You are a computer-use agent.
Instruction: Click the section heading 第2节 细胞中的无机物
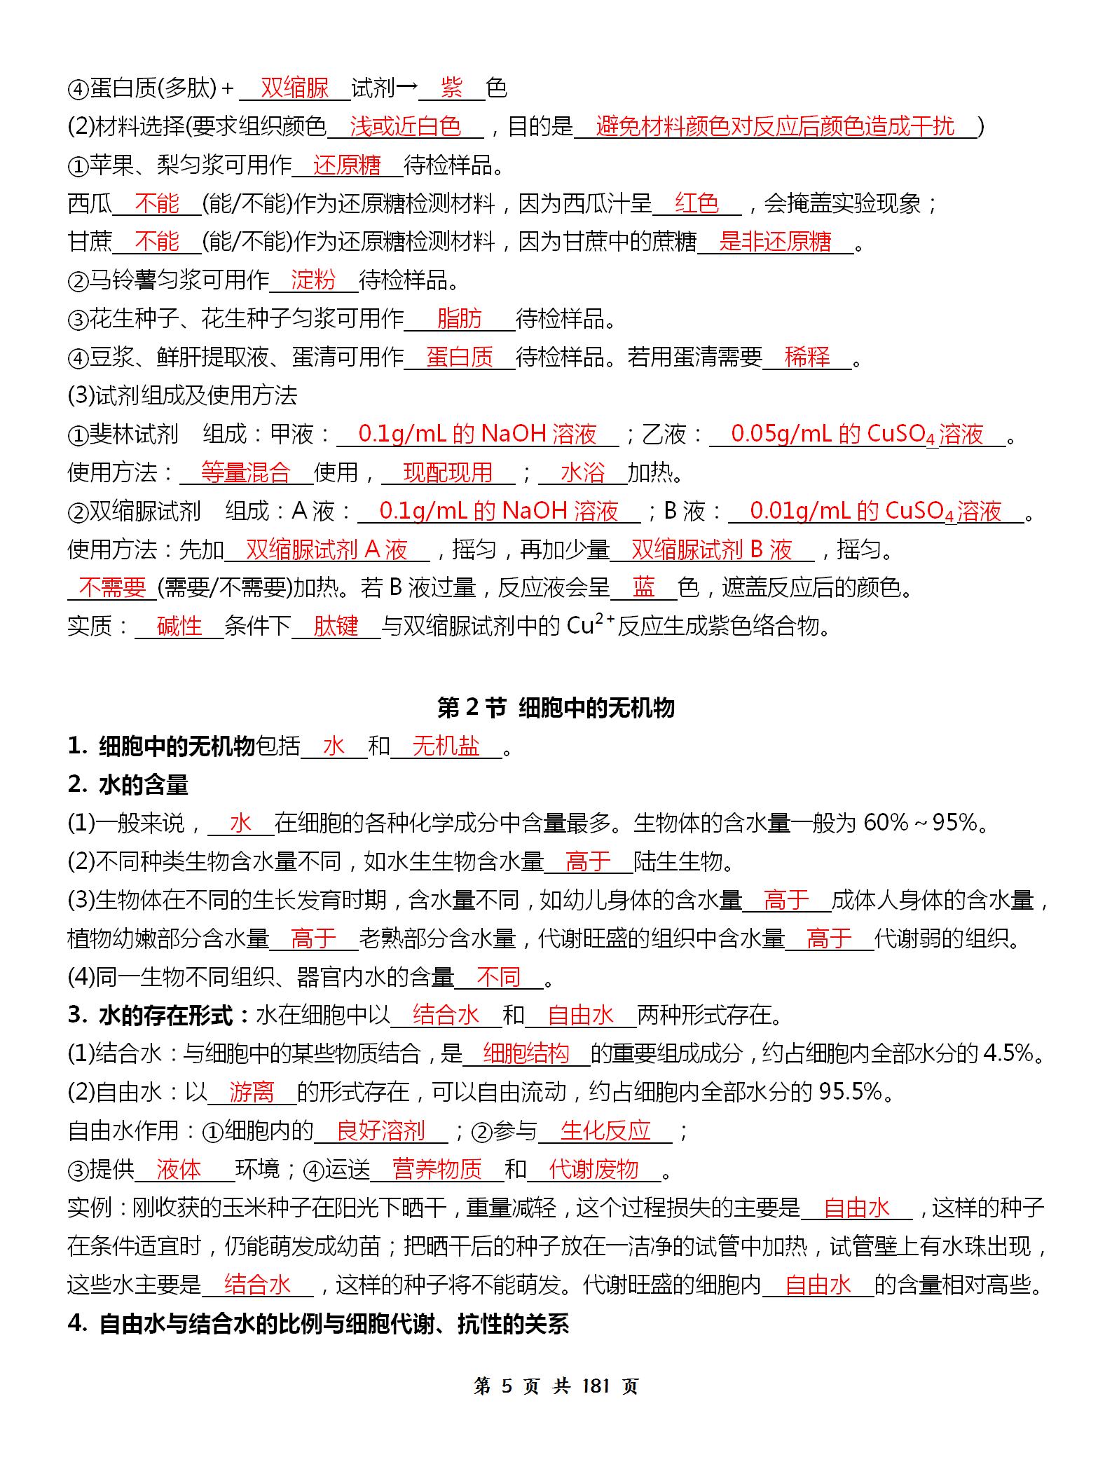[556, 708]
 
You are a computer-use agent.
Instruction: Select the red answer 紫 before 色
[452, 88]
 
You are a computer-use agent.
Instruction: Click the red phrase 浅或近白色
[405, 127]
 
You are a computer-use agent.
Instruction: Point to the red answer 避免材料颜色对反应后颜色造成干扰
[775, 127]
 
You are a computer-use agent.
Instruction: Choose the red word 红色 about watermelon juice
[696, 204]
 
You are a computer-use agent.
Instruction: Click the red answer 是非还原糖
[775, 242]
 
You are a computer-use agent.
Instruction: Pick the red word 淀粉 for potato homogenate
[313, 280]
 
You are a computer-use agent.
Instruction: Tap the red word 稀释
[807, 357]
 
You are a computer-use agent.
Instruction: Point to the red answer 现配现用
[448, 473]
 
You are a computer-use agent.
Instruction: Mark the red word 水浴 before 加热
[582, 473]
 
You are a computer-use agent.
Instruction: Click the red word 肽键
[336, 626]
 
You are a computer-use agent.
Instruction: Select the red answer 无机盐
[446, 747]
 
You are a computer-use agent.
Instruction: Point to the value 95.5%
[850, 1091]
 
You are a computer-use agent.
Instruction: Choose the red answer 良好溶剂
[380, 1130]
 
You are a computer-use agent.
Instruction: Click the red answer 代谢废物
[593, 1169]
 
